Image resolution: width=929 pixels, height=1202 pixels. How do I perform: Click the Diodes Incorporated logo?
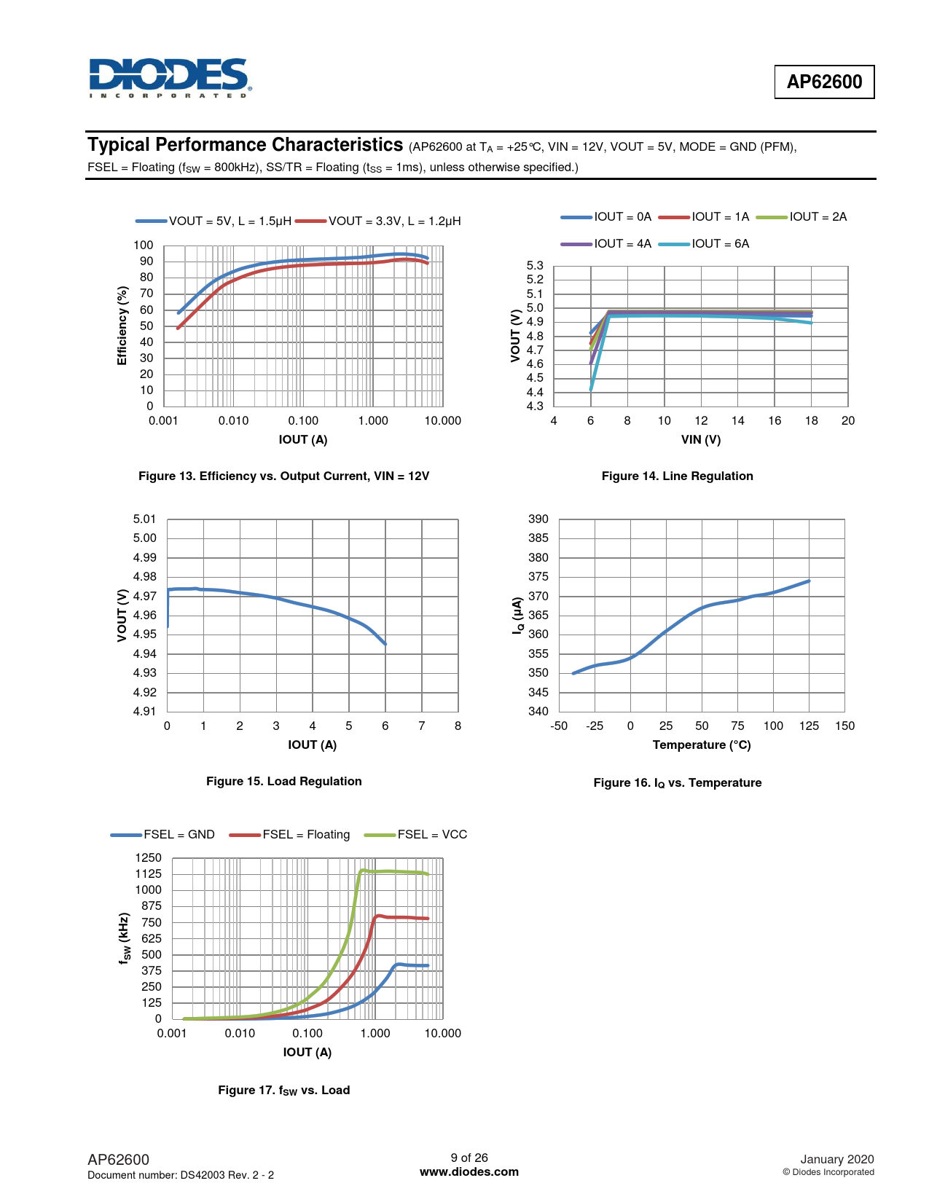tap(169, 78)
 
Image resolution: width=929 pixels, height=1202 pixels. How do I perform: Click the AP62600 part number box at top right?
tap(824, 82)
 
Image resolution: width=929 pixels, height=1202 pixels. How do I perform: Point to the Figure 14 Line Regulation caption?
tap(677, 476)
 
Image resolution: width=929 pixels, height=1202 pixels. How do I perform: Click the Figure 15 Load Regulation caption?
tap(283, 782)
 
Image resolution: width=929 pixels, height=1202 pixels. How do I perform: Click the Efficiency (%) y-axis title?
tap(122, 326)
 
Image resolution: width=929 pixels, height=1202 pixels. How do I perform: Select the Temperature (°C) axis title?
tap(701, 745)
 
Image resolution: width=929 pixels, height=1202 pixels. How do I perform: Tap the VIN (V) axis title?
tap(700, 440)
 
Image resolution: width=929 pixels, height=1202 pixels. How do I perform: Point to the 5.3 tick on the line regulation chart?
tap(535, 266)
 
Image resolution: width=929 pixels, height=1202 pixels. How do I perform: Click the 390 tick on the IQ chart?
tap(538, 519)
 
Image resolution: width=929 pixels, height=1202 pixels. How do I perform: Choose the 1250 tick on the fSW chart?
tap(149, 858)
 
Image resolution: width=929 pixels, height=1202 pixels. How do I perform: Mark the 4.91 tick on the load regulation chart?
tap(144, 712)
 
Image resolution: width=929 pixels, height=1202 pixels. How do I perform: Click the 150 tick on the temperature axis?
tap(844, 726)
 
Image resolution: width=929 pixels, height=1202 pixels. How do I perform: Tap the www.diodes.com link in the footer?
tap(469, 1172)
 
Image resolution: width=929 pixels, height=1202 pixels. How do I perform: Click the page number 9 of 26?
tap(469, 1158)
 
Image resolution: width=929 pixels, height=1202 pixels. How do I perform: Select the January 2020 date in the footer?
tap(836, 1160)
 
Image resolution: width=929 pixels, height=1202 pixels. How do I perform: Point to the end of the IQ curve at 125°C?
tap(809, 581)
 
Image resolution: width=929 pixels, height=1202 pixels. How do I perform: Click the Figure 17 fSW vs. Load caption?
tap(283, 1091)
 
